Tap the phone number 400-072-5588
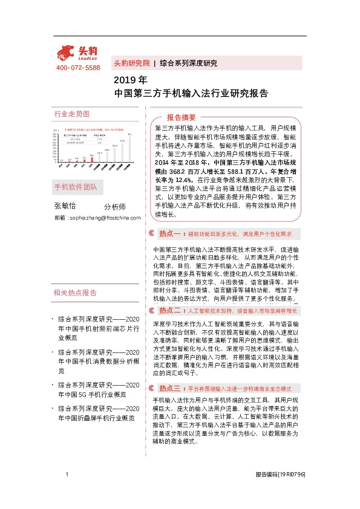coord(78,68)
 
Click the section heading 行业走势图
coord(71,114)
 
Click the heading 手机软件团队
coord(75,186)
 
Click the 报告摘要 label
coord(181,117)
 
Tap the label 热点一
coord(170,233)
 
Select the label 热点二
coord(170,310)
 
